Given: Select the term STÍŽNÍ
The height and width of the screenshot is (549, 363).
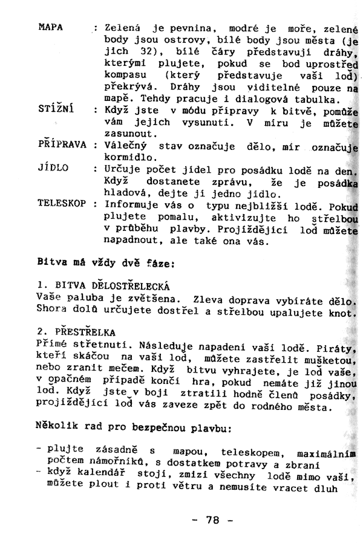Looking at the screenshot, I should tap(56, 110).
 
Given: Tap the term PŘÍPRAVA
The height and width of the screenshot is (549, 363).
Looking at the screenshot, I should tap(63, 145).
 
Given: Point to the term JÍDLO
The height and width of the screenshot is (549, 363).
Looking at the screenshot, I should tap(52, 167).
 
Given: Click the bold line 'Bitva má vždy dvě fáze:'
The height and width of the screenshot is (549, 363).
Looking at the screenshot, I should tap(106, 264).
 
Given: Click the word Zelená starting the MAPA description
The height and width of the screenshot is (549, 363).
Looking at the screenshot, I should tap(123, 28).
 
